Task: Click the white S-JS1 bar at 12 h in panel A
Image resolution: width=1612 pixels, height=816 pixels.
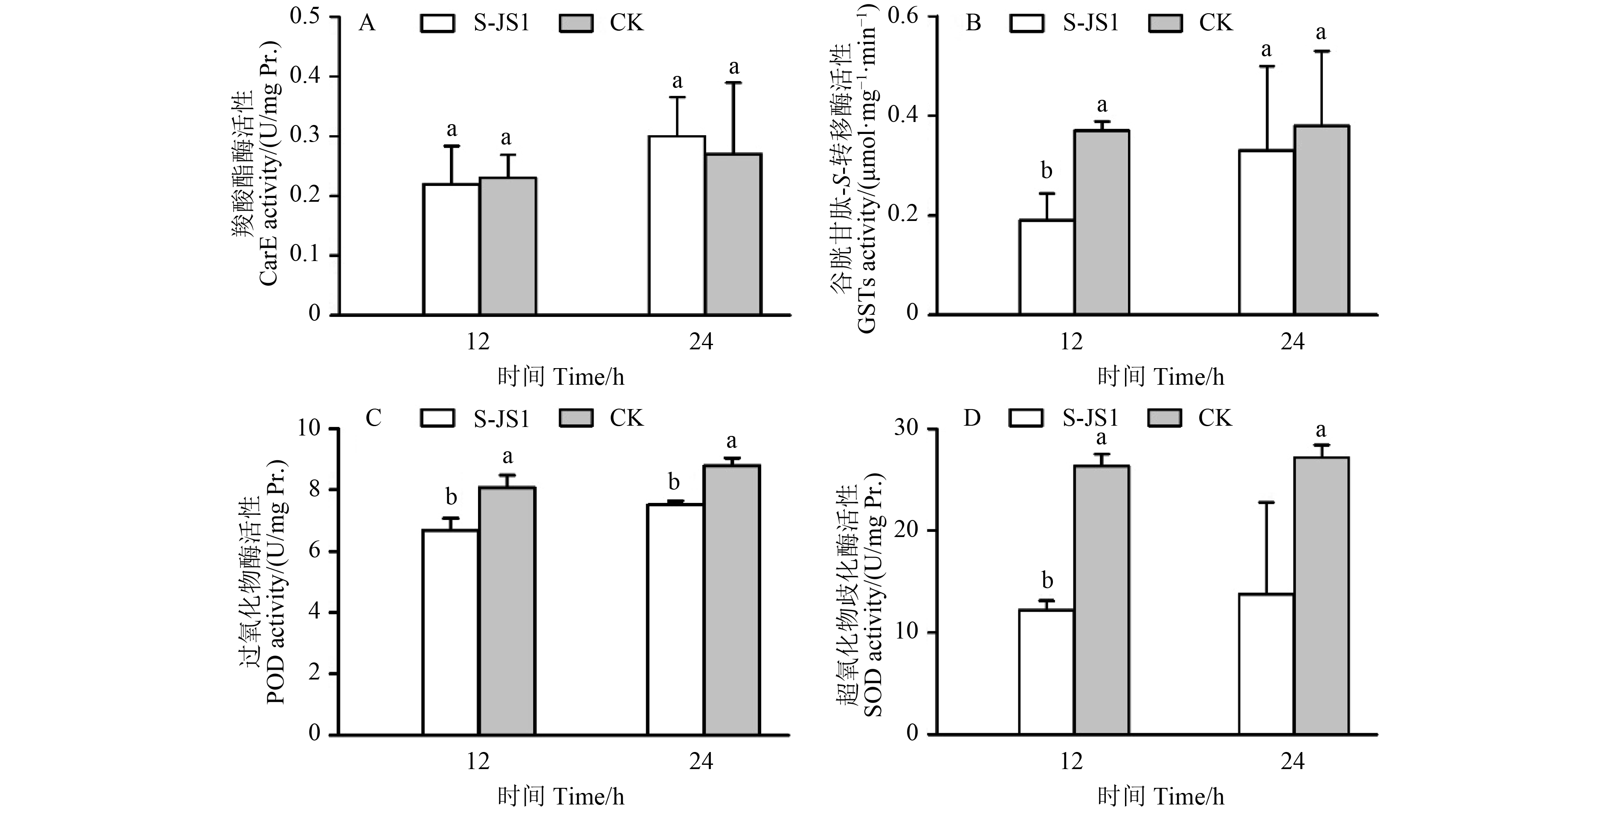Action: pos(451,249)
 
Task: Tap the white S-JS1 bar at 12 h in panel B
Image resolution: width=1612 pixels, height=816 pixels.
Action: pos(1047,267)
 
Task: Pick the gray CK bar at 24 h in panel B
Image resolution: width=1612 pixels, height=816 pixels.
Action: pos(1322,220)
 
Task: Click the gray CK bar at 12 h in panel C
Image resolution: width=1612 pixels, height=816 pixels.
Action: pos(507,611)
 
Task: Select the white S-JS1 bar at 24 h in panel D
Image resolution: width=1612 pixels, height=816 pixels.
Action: pos(1267,664)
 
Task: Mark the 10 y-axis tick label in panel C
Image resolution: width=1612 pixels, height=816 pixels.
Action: pos(310,429)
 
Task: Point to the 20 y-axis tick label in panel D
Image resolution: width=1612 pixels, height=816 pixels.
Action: pos(907,531)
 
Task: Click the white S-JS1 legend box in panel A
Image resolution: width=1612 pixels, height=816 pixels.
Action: pos(438,23)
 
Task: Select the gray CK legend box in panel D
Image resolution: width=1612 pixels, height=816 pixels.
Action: pos(1165,418)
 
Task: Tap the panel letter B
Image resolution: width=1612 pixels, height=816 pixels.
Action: pos(974,23)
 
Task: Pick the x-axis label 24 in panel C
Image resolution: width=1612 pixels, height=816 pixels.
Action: pos(701,761)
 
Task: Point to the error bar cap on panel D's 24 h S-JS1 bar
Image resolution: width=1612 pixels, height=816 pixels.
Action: pos(1267,502)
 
